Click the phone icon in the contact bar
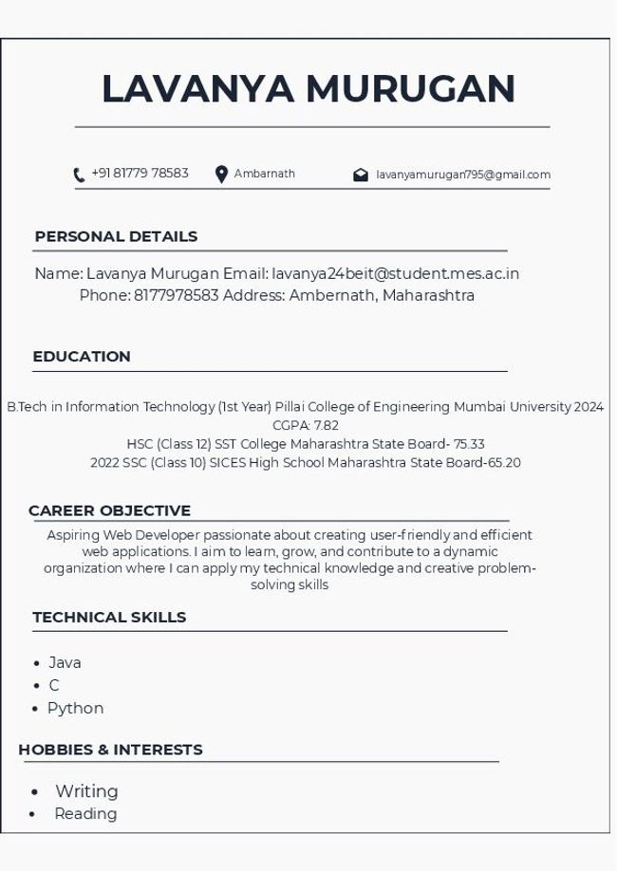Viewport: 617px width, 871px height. [x=79, y=175]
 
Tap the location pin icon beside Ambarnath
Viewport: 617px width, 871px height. [x=221, y=175]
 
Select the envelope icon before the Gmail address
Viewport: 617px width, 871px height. [x=361, y=175]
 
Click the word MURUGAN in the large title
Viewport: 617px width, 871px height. [x=410, y=89]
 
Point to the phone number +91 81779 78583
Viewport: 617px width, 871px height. [x=140, y=174]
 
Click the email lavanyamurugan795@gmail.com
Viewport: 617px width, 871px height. [x=463, y=175]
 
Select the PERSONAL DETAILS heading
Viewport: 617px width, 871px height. [x=116, y=236]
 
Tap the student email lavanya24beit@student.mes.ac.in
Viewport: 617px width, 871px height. [x=395, y=273]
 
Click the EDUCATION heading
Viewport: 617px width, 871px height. [x=82, y=357]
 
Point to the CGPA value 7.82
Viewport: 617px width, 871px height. [x=326, y=425]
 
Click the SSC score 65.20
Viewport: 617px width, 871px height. [x=504, y=463]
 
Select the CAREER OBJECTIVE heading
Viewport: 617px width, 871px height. [x=109, y=510]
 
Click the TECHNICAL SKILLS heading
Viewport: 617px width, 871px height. [x=109, y=618]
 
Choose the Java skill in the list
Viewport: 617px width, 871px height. [x=65, y=663]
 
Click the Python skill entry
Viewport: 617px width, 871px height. [x=75, y=709]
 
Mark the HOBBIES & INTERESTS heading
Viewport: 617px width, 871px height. [x=110, y=750]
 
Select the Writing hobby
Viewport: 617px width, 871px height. [x=86, y=791]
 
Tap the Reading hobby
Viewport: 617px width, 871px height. [x=85, y=814]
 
